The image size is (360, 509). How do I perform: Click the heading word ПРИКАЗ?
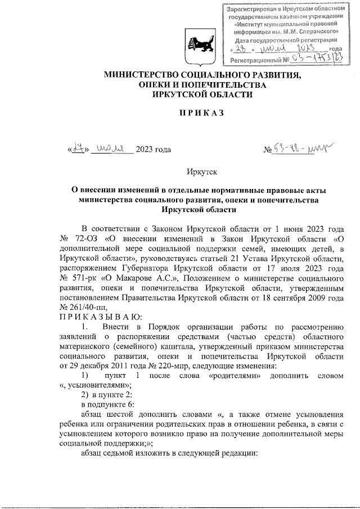pyautogui.click(x=202, y=113)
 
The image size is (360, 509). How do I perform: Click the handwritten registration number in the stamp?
pyautogui.click(x=315, y=58)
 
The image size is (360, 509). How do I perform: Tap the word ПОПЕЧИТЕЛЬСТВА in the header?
pyautogui.click(x=222, y=85)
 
